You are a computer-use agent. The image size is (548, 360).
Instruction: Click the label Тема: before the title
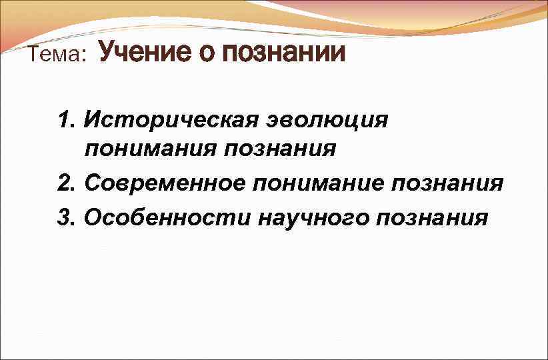pyautogui.click(x=57, y=56)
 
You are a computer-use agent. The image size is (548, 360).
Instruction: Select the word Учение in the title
pyautogui.click(x=144, y=52)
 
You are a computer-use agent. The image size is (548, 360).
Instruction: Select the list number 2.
pyautogui.click(x=65, y=182)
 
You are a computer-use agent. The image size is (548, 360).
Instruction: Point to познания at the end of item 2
pyautogui.click(x=449, y=183)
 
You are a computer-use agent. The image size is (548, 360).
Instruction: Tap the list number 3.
pyautogui.click(x=65, y=217)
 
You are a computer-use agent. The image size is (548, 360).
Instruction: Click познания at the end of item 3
pyautogui.click(x=433, y=218)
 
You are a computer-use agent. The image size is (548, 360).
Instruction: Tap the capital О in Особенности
pyautogui.click(x=93, y=217)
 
